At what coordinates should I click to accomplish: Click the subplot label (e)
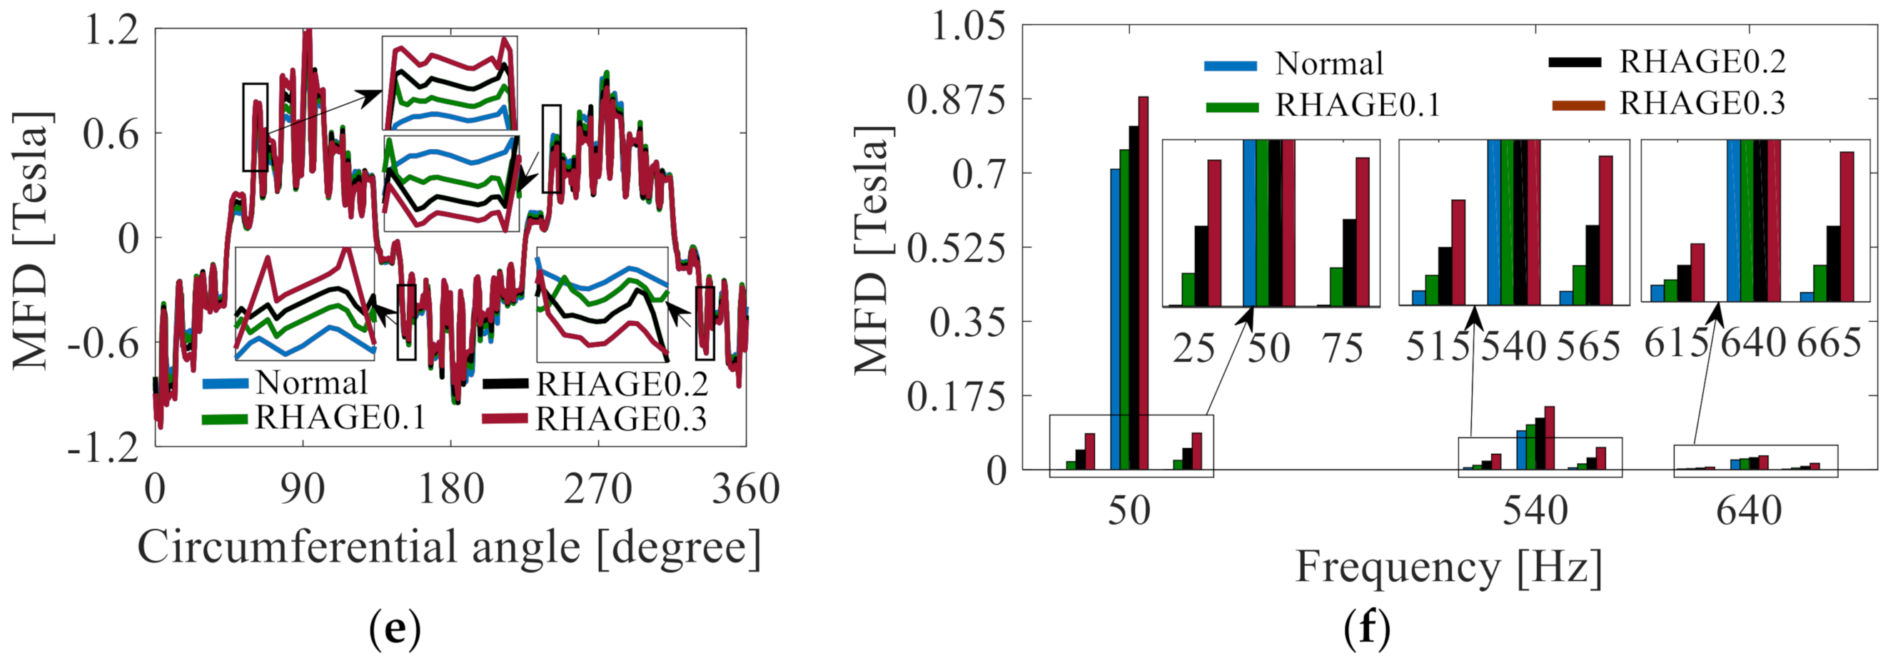point(395,629)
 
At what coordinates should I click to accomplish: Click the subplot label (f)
point(1367,629)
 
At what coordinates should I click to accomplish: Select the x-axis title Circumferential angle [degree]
point(449,547)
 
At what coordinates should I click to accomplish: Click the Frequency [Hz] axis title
point(1448,567)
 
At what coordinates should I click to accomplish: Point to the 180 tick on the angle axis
point(450,490)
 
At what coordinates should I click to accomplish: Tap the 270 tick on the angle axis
point(597,490)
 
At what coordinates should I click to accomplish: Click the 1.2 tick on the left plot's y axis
point(111,31)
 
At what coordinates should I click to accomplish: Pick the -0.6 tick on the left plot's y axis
point(103,343)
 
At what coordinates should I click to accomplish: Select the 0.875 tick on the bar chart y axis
point(955,100)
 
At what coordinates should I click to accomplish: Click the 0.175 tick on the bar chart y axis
point(955,397)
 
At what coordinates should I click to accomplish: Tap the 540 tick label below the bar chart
point(1535,510)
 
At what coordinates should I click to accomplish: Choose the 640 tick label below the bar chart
point(1749,510)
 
